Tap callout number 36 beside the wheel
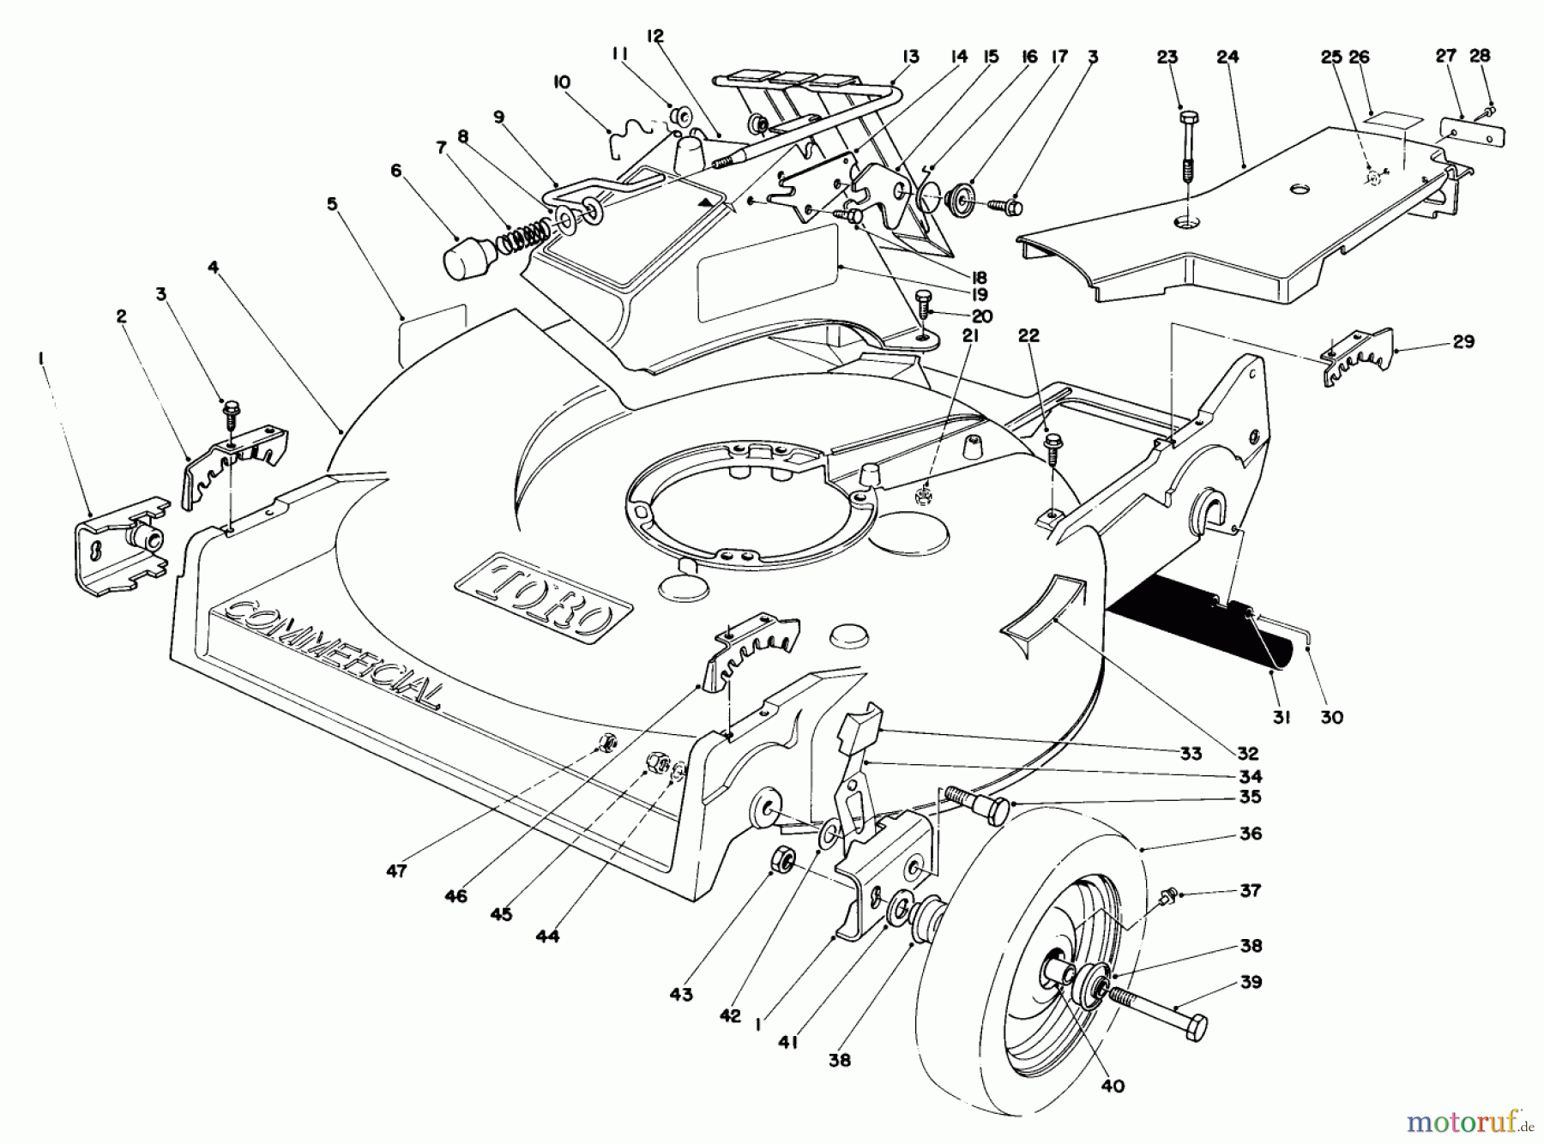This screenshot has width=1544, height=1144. pos(1251,833)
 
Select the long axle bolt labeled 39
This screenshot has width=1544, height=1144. pos(1158,1011)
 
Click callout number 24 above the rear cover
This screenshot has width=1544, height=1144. pos(1227,58)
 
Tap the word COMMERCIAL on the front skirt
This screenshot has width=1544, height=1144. pos(335,652)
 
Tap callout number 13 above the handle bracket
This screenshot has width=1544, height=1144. pos(910,57)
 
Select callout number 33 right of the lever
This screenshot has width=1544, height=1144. pos(1191,754)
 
